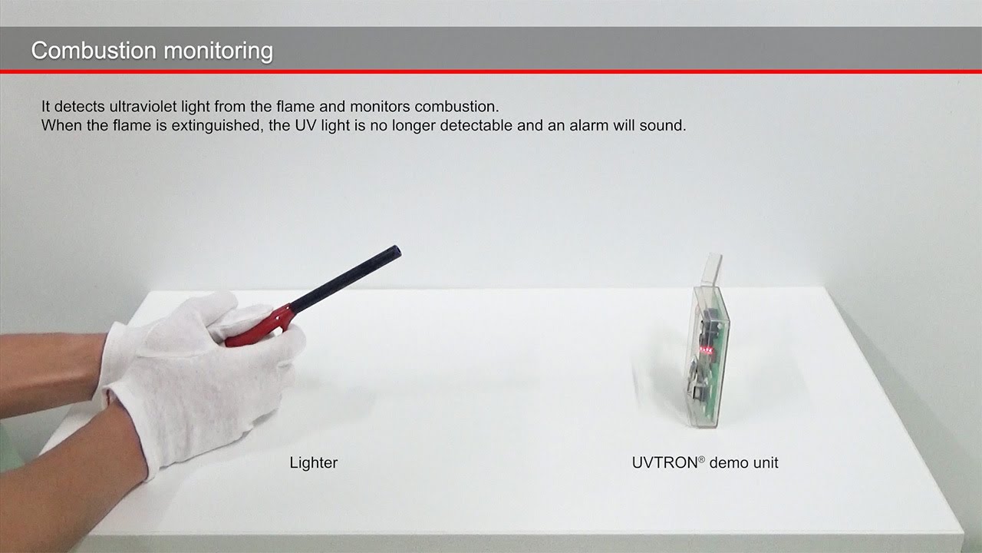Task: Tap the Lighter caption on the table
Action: coord(314,462)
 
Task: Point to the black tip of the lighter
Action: coord(395,251)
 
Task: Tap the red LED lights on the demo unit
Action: coord(704,351)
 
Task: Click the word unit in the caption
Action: coord(766,462)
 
